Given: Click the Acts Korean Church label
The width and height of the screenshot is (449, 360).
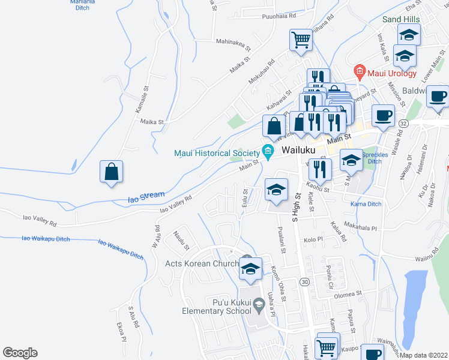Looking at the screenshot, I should tap(201, 264).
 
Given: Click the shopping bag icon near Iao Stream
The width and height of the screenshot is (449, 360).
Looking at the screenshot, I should tap(112, 172).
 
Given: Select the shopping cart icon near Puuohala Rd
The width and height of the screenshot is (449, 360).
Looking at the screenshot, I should tap(301, 40).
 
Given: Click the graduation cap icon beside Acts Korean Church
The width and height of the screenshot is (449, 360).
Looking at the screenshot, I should tap(250, 268).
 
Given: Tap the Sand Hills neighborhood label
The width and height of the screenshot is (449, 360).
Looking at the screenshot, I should tap(402, 19).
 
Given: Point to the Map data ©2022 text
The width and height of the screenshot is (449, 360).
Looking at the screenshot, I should tap(423, 355).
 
